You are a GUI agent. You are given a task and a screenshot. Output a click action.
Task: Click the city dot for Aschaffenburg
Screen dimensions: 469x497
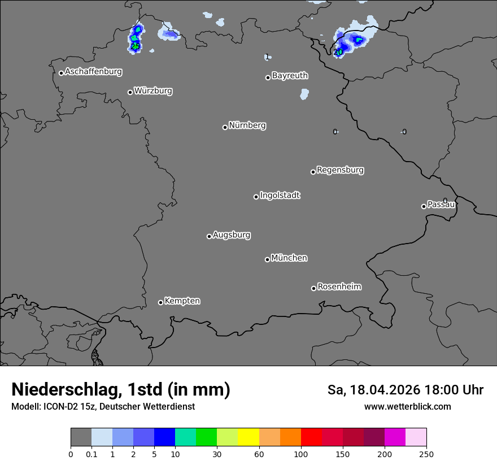(61, 73)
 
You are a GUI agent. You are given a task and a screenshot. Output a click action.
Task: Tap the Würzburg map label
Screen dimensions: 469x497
(153, 90)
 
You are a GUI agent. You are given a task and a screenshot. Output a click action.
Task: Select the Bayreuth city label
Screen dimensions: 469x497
(290, 75)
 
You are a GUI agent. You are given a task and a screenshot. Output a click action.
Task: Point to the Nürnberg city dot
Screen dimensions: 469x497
(225, 127)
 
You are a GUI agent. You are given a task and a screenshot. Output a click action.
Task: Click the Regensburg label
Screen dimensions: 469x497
(340, 170)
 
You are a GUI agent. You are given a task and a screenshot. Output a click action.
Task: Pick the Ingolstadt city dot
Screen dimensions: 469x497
(256, 197)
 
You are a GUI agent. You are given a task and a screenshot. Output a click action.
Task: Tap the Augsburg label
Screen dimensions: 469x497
(232, 234)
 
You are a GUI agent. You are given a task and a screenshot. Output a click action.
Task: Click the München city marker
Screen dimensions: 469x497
(267, 259)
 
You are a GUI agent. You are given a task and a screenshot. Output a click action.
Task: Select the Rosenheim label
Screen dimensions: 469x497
(339, 286)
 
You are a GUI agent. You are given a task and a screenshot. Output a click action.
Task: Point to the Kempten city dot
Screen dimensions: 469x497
(160, 302)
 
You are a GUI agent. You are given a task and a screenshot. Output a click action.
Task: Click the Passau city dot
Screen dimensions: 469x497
(424, 206)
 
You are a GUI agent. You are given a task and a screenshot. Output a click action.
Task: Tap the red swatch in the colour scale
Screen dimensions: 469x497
(311, 437)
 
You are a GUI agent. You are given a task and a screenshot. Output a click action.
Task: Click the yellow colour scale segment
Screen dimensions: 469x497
(249, 437)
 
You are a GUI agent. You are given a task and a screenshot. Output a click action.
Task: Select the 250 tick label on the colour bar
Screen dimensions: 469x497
(426, 453)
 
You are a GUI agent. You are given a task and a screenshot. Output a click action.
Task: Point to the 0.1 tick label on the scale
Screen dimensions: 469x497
(91, 453)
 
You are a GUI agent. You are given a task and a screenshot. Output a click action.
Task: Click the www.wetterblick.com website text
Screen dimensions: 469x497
(408, 406)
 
